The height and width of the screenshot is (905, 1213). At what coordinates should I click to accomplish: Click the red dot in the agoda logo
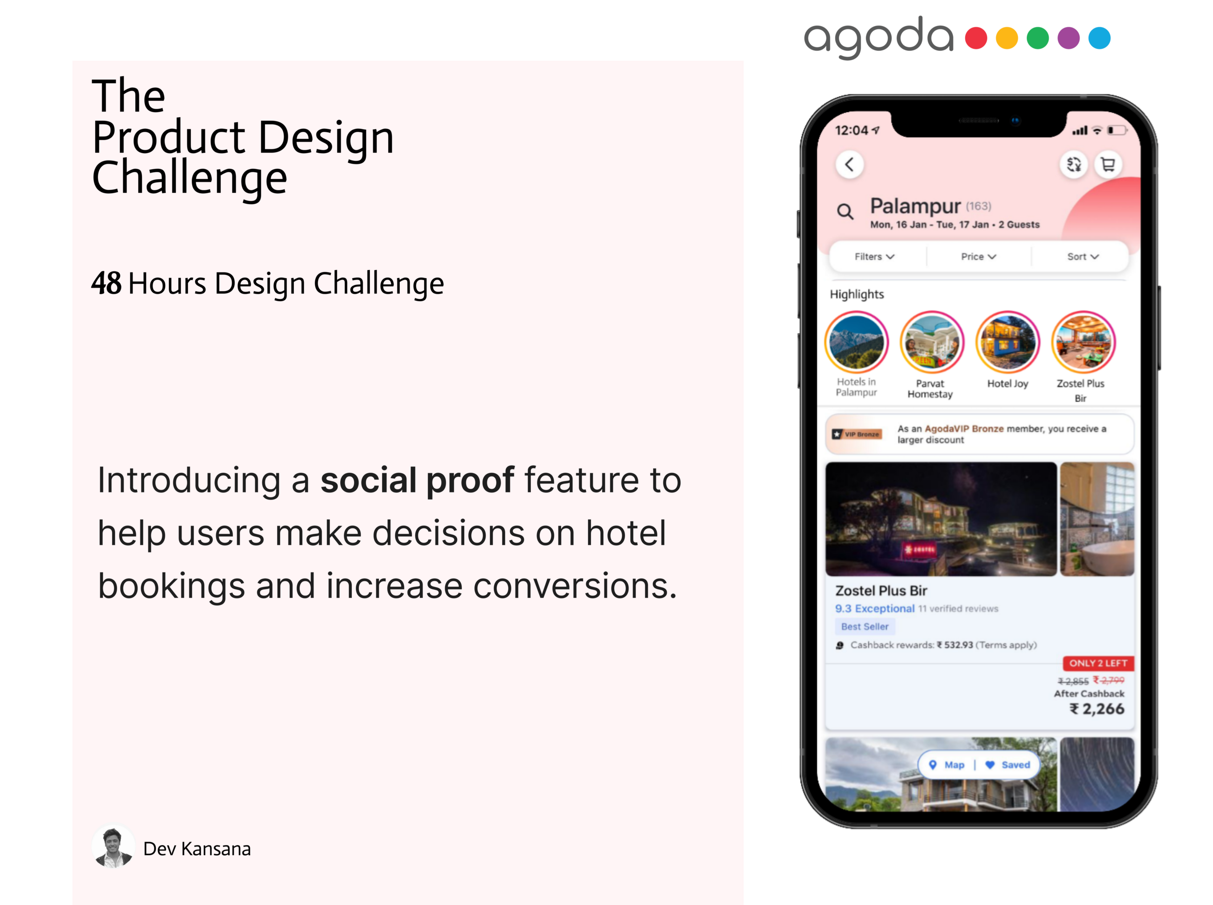tap(976, 38)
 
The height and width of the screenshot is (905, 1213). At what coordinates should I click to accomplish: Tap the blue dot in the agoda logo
tap(1099, 38)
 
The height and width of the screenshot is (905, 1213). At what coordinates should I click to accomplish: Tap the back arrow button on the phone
tap(850, 164)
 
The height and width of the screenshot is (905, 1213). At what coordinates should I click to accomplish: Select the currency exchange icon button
tap(1074, 164)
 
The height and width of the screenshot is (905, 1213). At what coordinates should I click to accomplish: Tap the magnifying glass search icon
tap(845, 211)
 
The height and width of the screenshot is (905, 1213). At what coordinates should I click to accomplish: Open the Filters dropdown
tap(874, 256)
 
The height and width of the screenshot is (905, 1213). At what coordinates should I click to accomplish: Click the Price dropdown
tap(978, 256)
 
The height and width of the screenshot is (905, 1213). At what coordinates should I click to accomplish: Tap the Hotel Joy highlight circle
tap(1007, 343)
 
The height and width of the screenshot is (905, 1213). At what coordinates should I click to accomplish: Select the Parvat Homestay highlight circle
tap(932, 343)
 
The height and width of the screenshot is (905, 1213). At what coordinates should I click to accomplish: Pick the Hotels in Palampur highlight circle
tap(857, 343)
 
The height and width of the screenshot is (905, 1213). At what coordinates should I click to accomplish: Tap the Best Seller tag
tap(864, 626)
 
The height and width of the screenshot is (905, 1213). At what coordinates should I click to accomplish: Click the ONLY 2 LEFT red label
tap(1097, 663)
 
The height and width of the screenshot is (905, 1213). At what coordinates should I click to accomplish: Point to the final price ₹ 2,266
tap(1097, 709)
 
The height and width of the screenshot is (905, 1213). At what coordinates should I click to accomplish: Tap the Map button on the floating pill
tap(947, 765)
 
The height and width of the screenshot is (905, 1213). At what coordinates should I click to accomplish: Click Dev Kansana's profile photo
tap(113, 847)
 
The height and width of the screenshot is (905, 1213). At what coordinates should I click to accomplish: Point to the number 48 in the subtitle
tap(106, 283)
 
